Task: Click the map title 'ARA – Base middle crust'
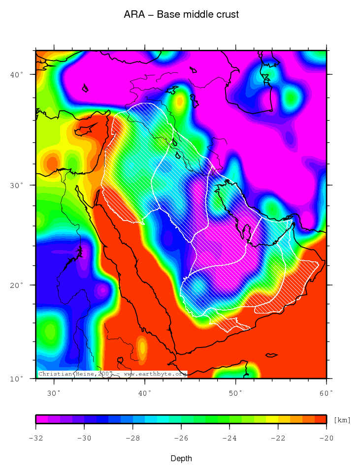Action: (x=181, y=15)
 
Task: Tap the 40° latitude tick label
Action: (x=18, y=74)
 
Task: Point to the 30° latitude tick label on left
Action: (x=18, y=185)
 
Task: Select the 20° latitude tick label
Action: (x=18, y=285)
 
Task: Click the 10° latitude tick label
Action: (x=18, y=378)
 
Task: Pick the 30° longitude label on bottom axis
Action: (x=54, y=392)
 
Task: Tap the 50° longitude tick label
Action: (x=236, y=392)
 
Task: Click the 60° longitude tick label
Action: (x=326, y=392)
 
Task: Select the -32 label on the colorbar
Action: (x=36, y=438)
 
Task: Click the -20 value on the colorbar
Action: (x=327, y=438)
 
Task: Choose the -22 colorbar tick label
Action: (x=278, y=438)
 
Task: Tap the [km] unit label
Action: (x=342, y=420)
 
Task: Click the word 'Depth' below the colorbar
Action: (x=181, y=459)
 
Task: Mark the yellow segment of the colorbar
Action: (x=272, y=419)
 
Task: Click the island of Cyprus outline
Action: (x=85, y=129)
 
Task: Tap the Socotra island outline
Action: (x=271, y=355)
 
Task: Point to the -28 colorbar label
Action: (x=133, y=438)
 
